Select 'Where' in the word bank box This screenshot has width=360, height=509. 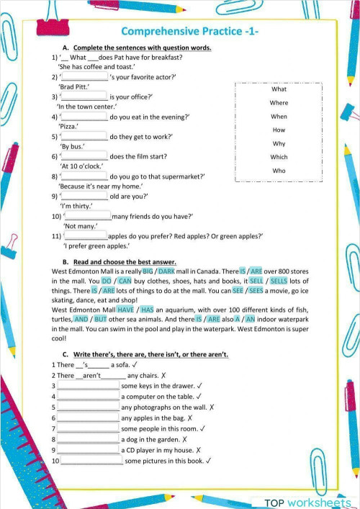coord(279,103)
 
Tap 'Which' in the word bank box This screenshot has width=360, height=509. coord(279,157)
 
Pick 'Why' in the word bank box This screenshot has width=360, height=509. coord(279,143)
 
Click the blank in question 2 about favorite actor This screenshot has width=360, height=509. coord(85,76)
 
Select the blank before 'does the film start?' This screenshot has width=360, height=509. coord(85,156)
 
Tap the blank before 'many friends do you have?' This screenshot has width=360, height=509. coord(88,216)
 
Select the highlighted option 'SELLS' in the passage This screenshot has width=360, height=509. coord(279,281)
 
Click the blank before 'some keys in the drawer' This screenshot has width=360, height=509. coord(88,387)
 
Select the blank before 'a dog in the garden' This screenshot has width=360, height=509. coord(88,439)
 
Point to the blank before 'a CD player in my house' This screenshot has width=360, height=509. coord(88,450)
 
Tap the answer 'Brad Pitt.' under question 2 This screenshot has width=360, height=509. coord(74,86)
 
